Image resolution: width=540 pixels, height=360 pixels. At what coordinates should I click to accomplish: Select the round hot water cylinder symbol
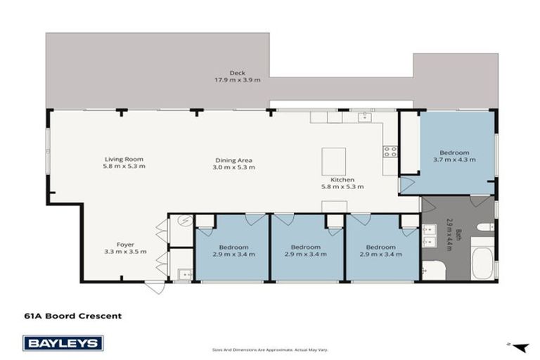181,221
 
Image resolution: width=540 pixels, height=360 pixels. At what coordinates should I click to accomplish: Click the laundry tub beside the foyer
181,274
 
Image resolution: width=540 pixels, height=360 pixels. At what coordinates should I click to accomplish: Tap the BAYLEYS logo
63,342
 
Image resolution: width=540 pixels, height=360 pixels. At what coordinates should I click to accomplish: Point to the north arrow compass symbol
519,345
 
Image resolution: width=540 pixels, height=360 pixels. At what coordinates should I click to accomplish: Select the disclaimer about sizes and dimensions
270,349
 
